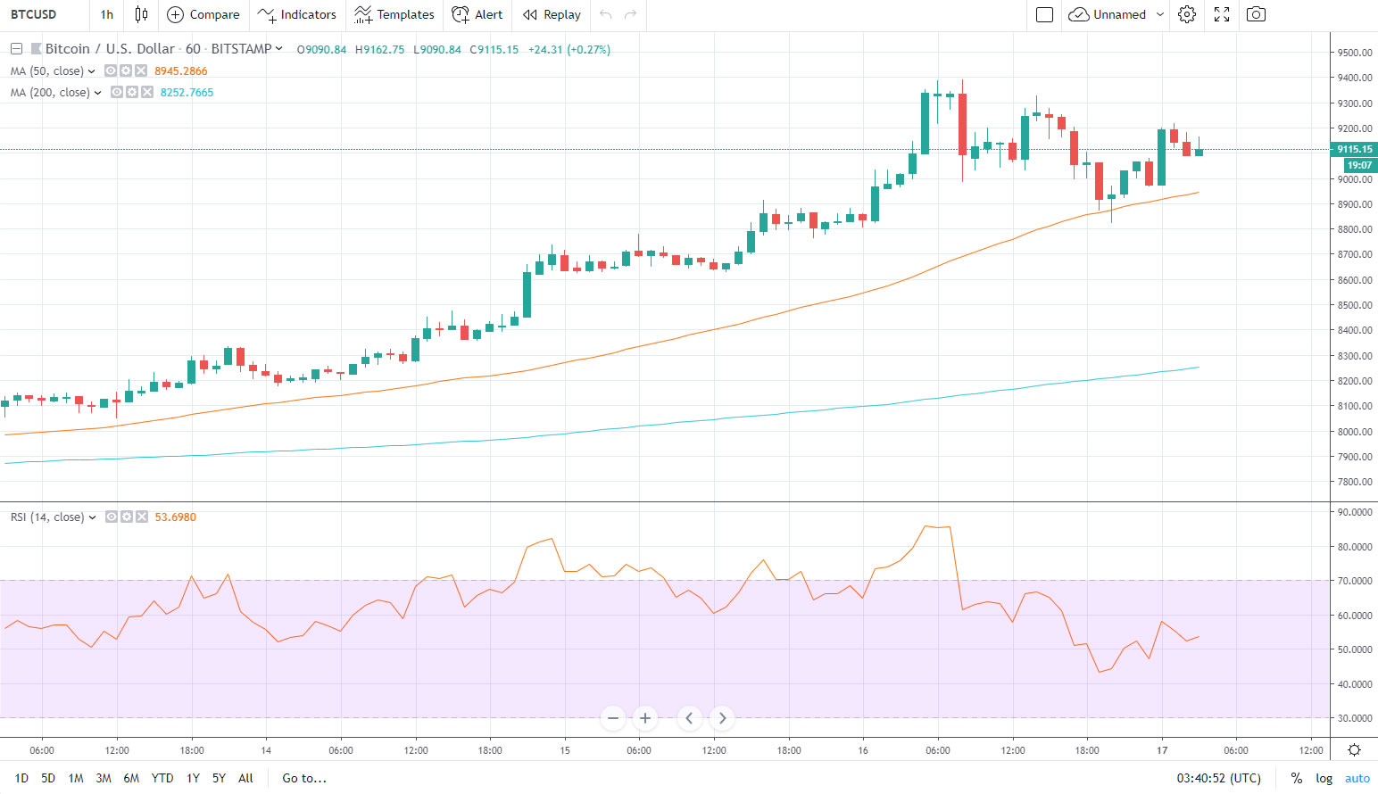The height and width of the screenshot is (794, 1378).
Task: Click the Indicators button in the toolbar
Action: pos(297,14)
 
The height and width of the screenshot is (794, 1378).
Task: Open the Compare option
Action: pos(203,14)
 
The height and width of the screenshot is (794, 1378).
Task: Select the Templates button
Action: pos(394,14)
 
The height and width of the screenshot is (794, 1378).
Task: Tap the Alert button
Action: pos(477,14)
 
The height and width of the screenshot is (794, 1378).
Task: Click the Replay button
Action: pos(552,14)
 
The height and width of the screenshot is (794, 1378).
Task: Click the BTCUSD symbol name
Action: pos(34,14)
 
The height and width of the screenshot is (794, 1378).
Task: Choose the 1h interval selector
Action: pos(107,14)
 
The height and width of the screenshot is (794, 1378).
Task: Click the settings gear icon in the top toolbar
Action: pos(1187,14)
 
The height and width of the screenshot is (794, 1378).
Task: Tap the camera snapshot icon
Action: pos(1256,14)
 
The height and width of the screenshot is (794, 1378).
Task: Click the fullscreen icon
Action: pos(1222,14)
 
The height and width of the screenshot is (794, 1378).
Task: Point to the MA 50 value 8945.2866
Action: pos(181,71)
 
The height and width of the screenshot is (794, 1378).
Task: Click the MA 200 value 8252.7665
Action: pos(187,93)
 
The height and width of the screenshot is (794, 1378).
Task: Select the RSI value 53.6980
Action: pos(175,517)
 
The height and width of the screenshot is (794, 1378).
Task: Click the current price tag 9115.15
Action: pos(1354,149)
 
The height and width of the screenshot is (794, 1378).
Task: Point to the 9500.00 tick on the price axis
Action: pos(1354,53)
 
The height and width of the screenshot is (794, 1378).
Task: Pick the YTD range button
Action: pos(162,778)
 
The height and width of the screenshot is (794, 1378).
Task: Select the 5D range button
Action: pos(48,778)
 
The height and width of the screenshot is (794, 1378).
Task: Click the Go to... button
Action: pos(304,778)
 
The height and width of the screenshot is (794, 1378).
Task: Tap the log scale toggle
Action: pos(1324,778)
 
